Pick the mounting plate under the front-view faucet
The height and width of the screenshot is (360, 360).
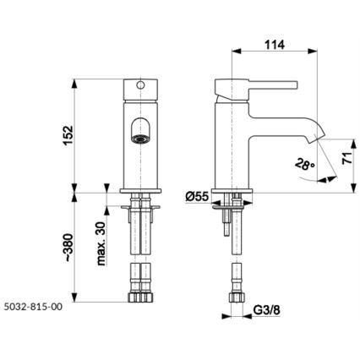139,204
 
